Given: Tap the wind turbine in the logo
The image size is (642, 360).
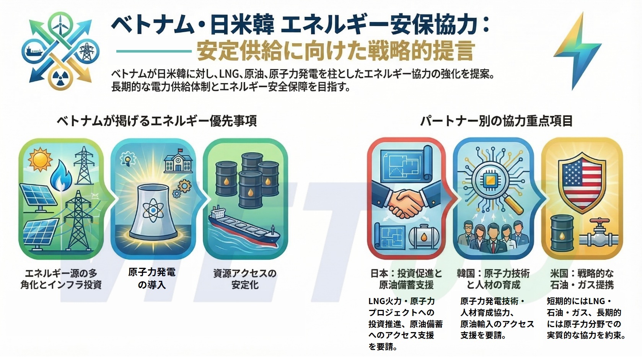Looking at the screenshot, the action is coord(60,23).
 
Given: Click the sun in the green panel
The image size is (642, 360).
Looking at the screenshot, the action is coord(40,160).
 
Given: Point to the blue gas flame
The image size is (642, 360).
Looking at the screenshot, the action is coord(61,176).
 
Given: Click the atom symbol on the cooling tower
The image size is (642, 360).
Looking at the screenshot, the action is coord(153,211).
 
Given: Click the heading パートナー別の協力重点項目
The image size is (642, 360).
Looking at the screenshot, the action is coord(496,121).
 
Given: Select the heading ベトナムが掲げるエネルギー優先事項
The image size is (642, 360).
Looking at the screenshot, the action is coord(157,121).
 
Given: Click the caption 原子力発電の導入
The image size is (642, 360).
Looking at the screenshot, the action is coord(152,278).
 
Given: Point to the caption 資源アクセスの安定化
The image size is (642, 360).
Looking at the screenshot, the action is coord(245,279).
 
